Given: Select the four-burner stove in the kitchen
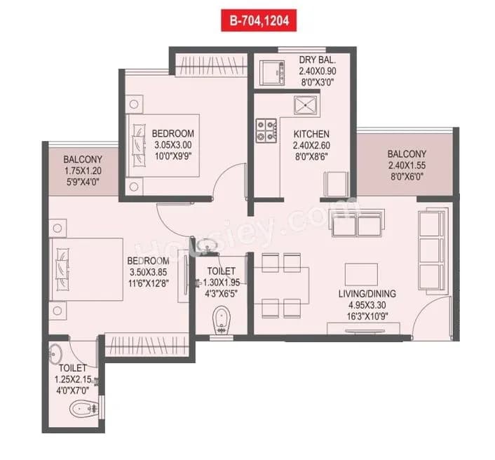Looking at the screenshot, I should tap(266, 129).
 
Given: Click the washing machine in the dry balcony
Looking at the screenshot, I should tap(272, 72).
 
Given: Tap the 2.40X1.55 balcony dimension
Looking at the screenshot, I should tap(406, 167).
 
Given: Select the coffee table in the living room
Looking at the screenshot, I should tap(361, 273).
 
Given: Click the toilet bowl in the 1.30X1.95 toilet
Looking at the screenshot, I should tap(222, 321).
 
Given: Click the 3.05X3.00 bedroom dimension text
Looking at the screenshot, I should tap(172, 146).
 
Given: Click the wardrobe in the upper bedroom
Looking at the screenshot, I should tap(210, 67).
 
